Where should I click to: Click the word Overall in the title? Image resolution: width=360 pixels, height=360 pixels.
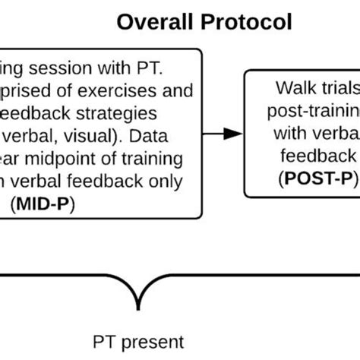[x=156, y=22]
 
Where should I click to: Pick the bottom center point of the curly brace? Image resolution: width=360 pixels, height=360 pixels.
[x=139, y=305]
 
